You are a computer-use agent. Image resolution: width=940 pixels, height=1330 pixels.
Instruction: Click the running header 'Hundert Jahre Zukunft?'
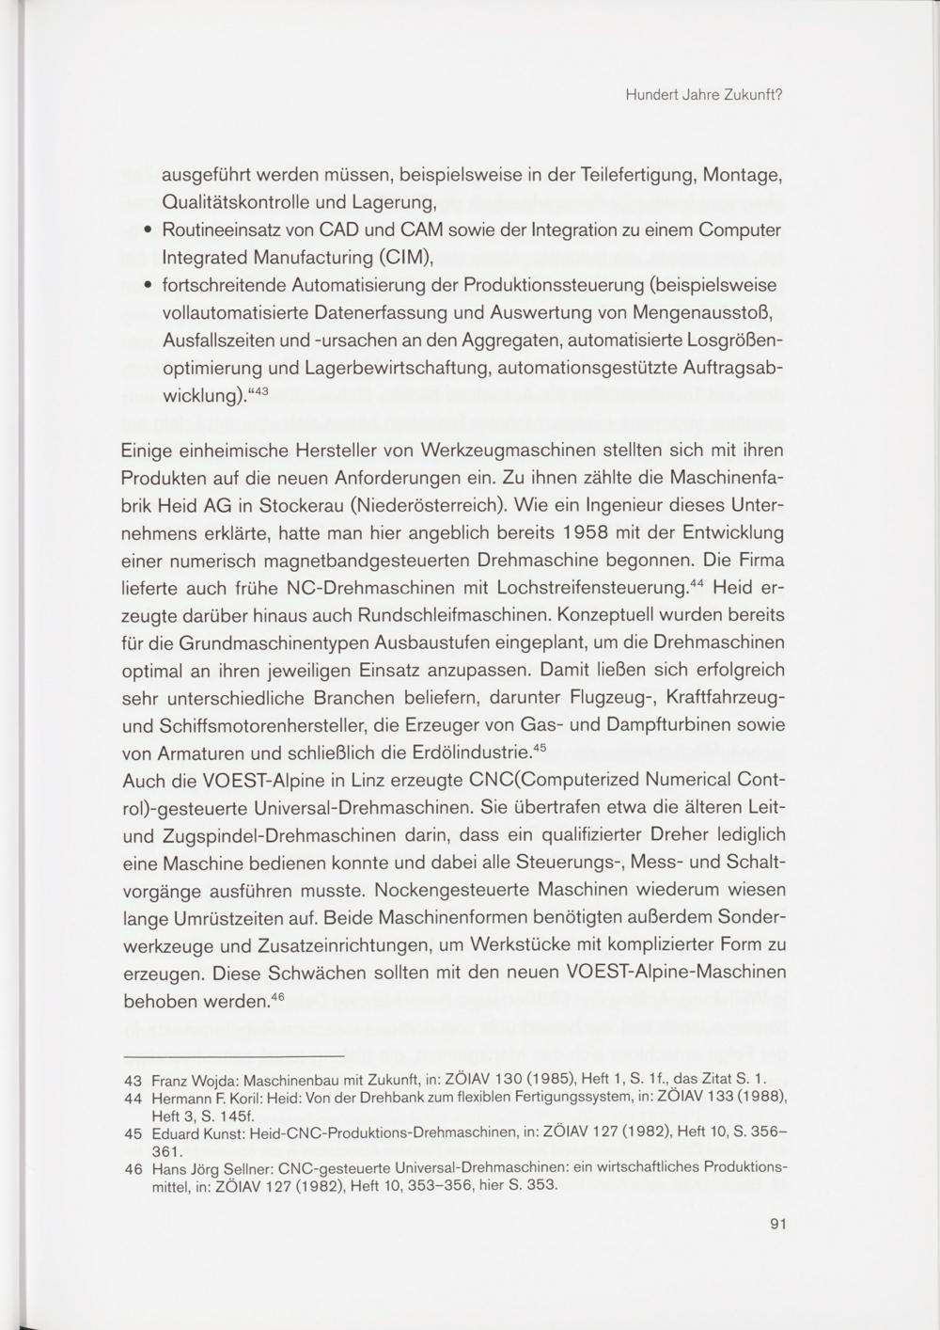(704, 95)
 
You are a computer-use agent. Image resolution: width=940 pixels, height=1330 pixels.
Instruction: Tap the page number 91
(776, 1224)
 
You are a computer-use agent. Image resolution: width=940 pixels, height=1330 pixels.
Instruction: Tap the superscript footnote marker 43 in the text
(258, 389)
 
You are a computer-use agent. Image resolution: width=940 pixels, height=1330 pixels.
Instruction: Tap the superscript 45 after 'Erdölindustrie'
(540, 748)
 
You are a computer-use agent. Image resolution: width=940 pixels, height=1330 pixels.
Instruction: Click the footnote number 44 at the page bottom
(133, 1098)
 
